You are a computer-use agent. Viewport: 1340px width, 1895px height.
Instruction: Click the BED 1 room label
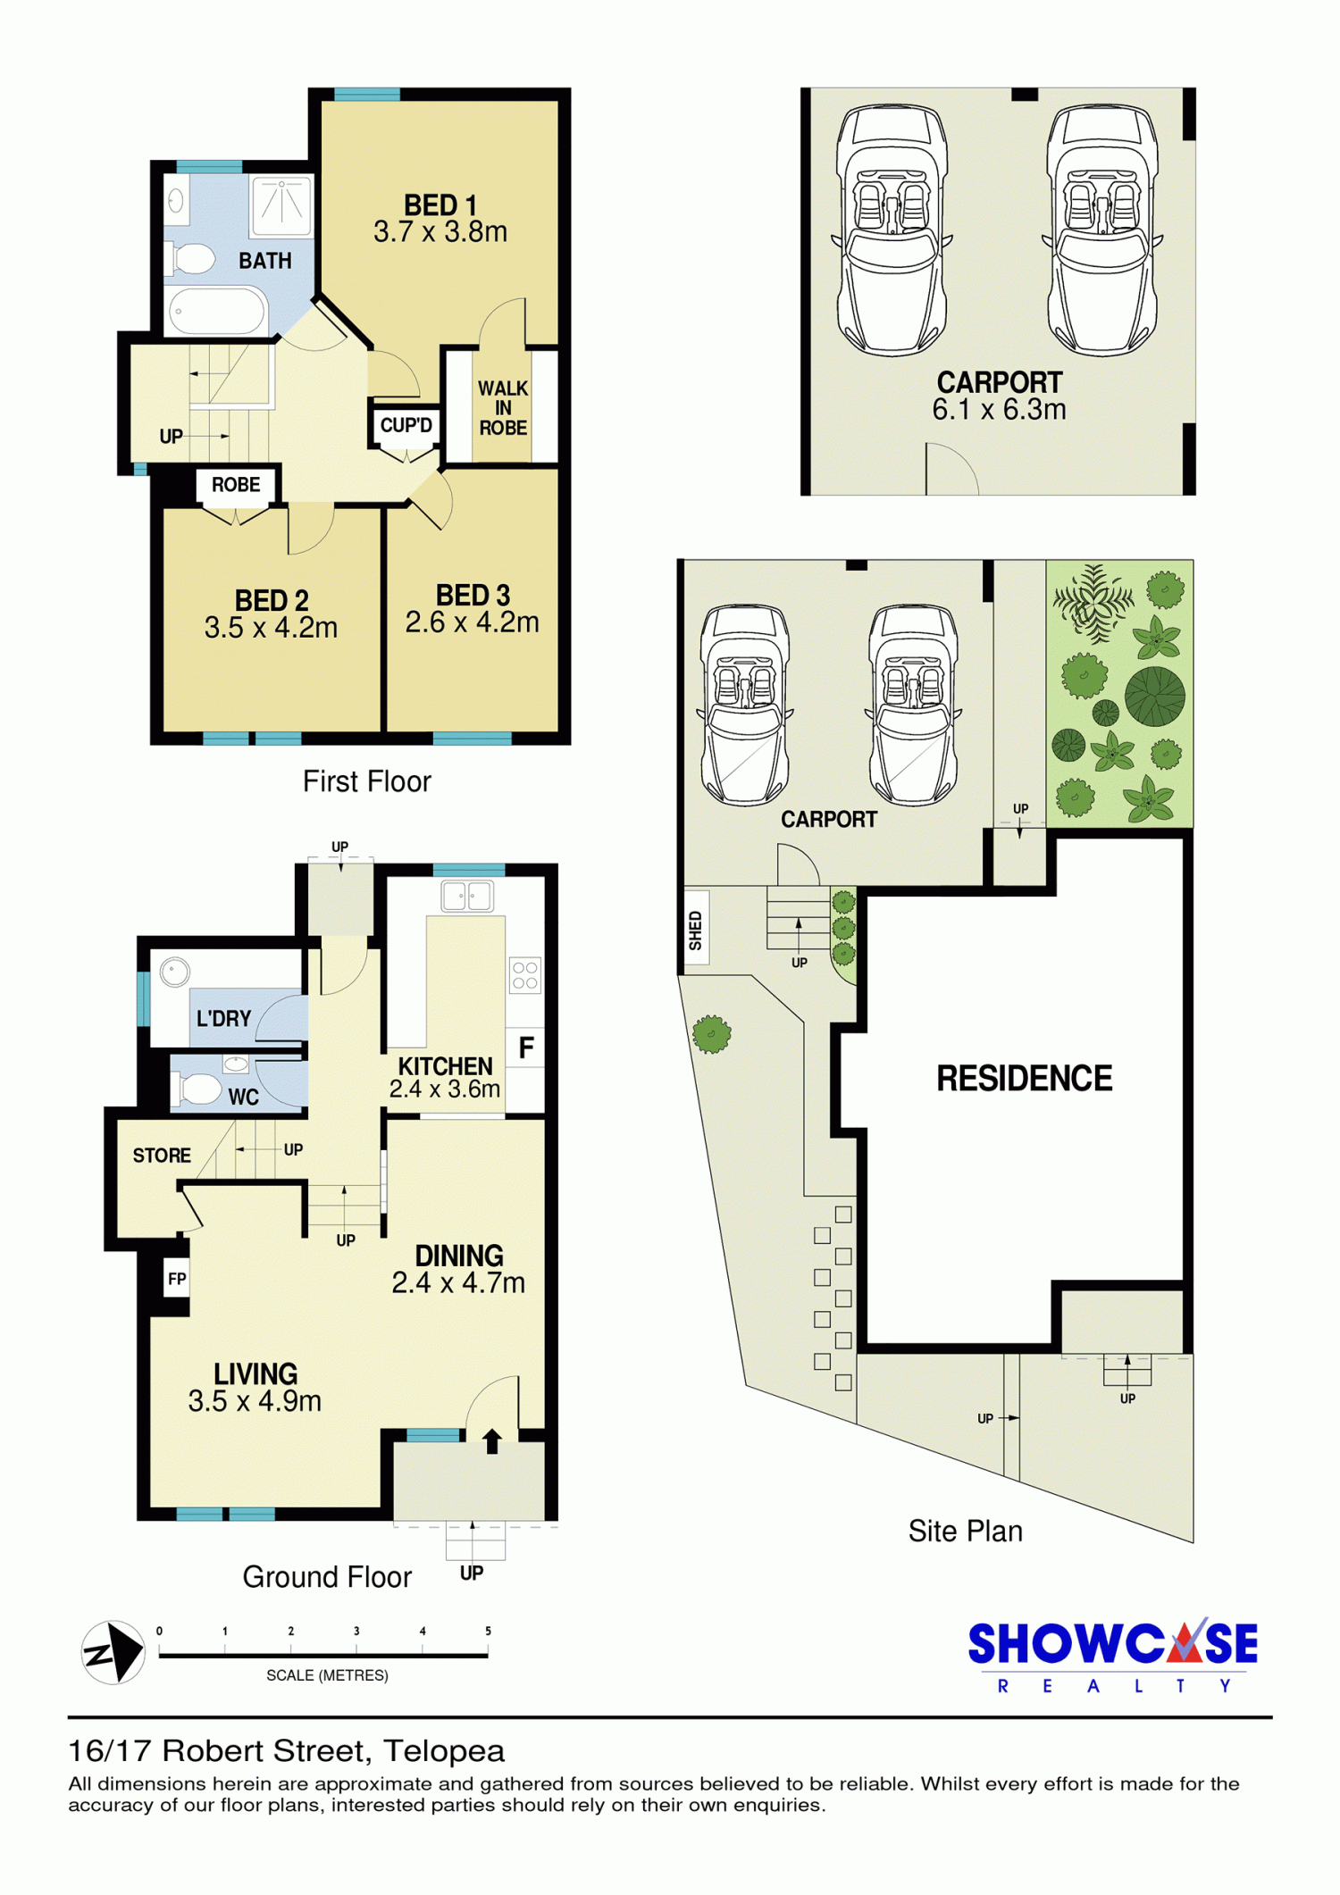pos(440,205)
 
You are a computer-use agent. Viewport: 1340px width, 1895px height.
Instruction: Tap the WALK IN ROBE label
pos(503,408)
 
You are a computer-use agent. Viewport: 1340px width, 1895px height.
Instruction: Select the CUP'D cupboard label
pos(406,425)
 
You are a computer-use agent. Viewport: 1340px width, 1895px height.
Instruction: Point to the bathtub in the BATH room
pos(217,311)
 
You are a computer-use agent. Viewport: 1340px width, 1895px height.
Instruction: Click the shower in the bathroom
pos(281,206)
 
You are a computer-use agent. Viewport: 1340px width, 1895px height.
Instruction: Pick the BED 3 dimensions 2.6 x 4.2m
pos(472,622)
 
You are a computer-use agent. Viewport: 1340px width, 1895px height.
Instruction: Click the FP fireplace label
pos(177,1279)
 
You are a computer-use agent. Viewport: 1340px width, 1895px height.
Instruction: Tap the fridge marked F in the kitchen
pos(526,1047)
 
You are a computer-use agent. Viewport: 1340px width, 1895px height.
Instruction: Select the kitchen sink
pos(467,896)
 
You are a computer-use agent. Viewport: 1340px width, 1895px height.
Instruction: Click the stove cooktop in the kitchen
pos(525,975)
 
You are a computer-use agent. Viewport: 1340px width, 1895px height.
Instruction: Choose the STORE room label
pos(162,1156)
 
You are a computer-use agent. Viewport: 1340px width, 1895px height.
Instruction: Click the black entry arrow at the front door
pos(492,1441)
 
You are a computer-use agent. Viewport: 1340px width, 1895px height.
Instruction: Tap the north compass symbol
pos(113,1652)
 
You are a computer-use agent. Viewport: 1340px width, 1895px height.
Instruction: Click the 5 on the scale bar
pos(488,1631)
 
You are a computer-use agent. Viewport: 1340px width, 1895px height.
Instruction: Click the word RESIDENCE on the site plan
pos(1025,1079)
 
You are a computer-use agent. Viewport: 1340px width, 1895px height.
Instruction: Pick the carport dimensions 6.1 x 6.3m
pos(999,410)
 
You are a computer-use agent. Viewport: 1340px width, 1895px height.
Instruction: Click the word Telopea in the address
pos(444,1751)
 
